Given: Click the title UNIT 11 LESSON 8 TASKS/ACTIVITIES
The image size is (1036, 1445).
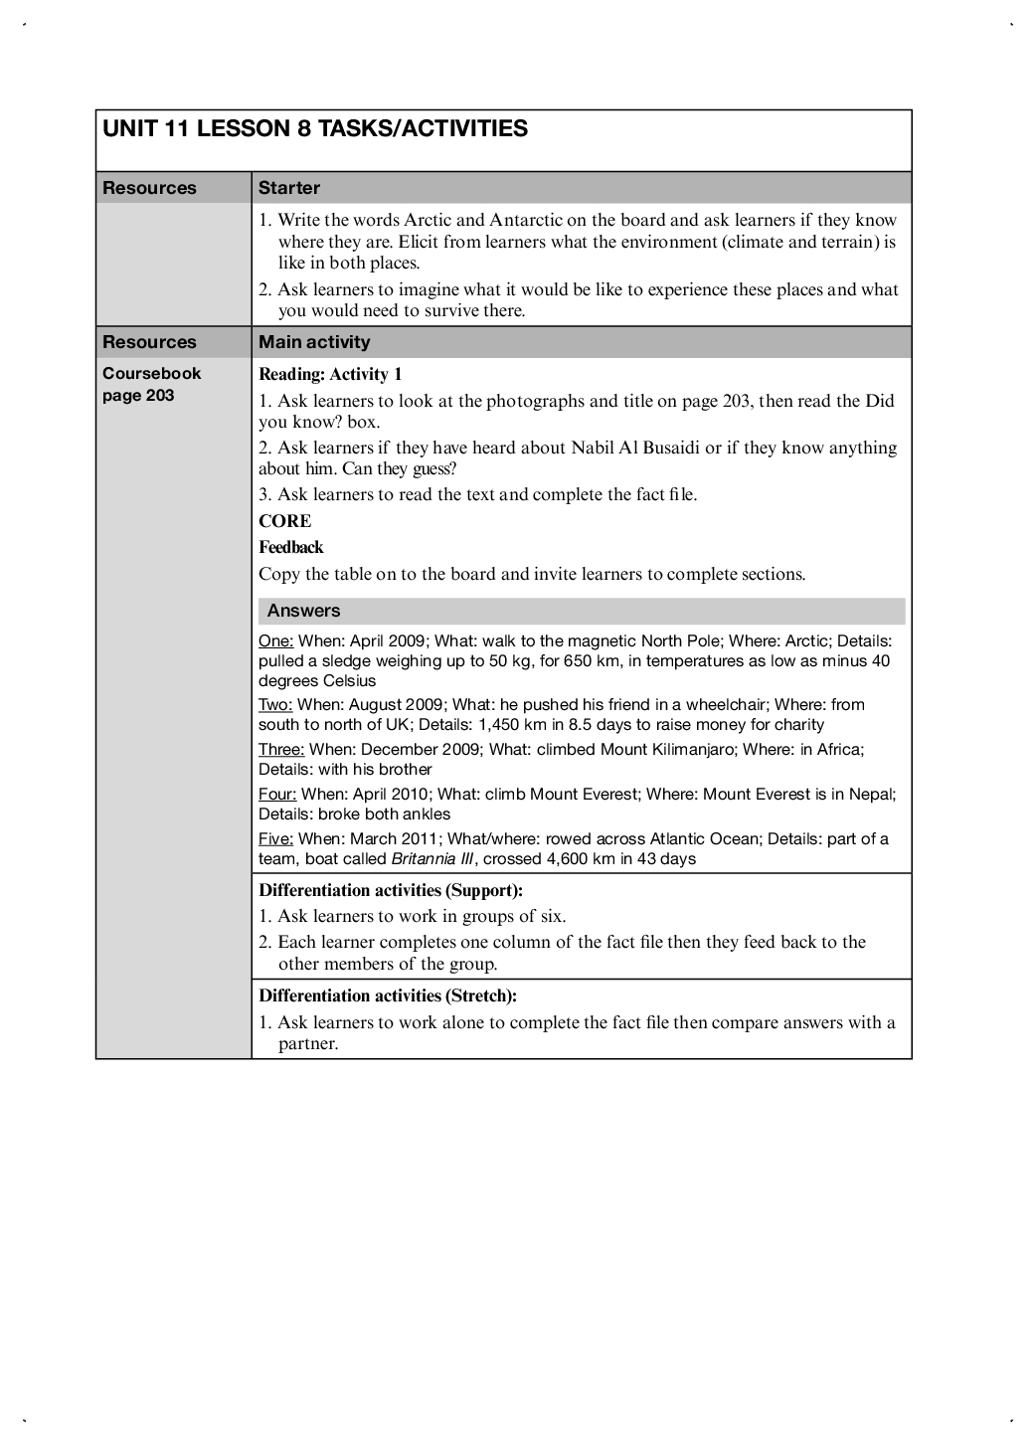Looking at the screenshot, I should coord(315,128).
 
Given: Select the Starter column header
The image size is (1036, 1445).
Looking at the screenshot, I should coord(288,188).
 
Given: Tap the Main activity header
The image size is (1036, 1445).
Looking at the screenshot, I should coord(314,342).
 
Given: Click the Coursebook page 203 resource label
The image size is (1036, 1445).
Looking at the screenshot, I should coord(151,384).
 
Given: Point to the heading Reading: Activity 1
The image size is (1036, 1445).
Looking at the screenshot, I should coord(330,374).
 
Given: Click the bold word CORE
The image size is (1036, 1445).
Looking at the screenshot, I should coord(284,521).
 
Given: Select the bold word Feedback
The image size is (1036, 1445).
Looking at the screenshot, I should coord(290,547).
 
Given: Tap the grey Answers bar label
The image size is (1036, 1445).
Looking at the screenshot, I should coord(303,611).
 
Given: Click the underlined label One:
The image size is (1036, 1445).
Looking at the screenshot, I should coord(275,640).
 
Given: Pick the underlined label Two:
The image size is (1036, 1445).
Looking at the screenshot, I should coord(275,705).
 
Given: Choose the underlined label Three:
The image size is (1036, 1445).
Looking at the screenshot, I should coord(281,749).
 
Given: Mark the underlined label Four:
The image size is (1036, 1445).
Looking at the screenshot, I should coord(277,794).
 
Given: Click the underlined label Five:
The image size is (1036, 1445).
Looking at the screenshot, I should coord(275,838).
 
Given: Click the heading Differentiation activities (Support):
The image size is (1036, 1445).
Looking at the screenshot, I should coord(390,890).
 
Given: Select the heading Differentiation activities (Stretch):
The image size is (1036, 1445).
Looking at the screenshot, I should coord(387,995).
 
